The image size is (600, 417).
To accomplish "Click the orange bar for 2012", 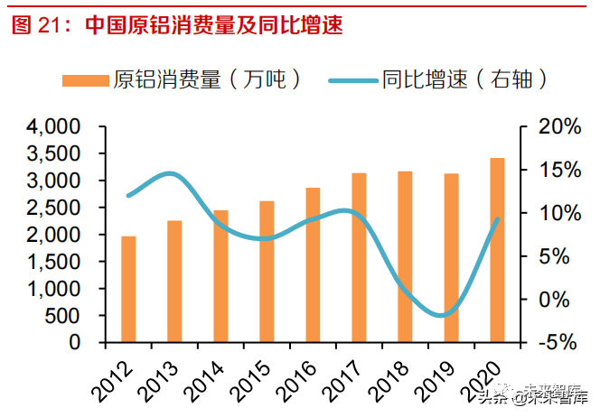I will (x=128, y=290).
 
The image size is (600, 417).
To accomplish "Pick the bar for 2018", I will (x=405, y=257).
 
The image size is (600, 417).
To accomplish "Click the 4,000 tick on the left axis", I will (x=55, y=127).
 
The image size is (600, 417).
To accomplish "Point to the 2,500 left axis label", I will (x=55, y=208).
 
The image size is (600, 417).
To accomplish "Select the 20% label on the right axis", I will (x=553, y=127).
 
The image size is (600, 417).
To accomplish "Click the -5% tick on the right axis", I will (x=553, y=343).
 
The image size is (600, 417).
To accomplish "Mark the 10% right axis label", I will (x=553, y=214).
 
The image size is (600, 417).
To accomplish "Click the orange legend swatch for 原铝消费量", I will (x=87, y=79).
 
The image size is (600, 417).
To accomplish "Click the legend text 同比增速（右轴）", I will (x=464, y=79).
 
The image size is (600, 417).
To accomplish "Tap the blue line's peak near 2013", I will (x=171, y=173).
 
